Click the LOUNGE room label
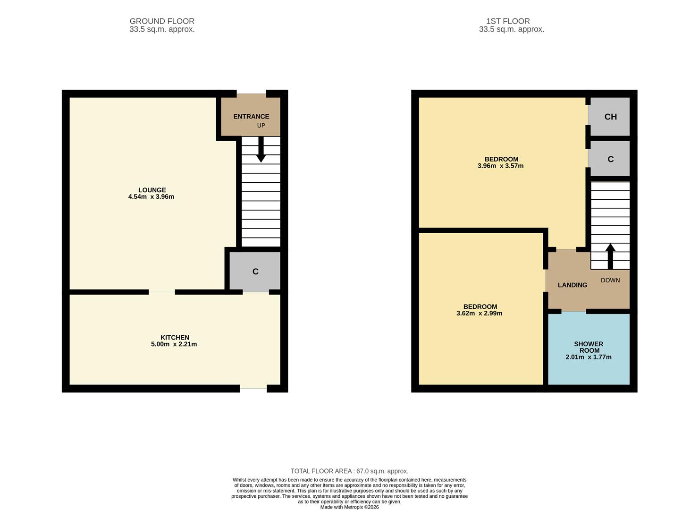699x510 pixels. point(152,190)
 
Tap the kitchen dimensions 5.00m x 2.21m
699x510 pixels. point(174,344)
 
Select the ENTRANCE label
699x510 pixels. point(251,117)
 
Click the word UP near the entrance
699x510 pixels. point(261,126)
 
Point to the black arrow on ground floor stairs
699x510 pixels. point(261,150)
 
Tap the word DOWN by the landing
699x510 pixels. point(610,280)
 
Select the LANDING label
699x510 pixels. point(573,285)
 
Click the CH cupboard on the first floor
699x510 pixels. point(610,117)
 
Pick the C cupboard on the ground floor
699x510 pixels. point(255,272)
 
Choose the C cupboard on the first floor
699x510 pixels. point(610,159)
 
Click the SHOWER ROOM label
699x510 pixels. point(589,347)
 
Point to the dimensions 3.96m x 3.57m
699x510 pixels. point(500,166)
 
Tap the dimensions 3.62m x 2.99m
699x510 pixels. point(479,314)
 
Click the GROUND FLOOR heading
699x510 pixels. point(162,21)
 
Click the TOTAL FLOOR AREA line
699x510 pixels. point(349,471)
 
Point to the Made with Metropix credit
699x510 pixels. point(349,507)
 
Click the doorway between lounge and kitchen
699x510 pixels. point(162,292)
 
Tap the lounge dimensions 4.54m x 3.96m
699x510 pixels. point(151,197)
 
